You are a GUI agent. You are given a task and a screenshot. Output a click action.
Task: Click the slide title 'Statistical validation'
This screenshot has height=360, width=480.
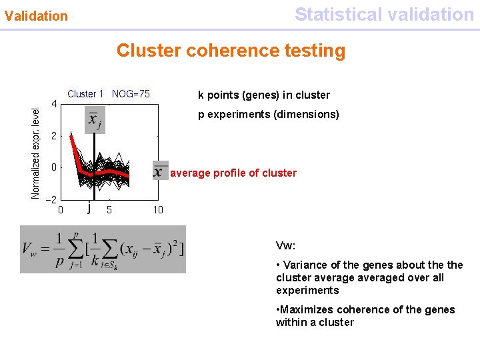[384, 14]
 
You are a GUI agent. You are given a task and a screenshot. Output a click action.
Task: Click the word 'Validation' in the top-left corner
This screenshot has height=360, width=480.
[36, 15]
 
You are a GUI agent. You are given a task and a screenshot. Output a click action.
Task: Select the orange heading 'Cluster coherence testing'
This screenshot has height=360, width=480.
[231, 51]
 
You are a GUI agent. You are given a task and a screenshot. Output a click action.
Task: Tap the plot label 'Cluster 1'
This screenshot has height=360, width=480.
[85, 94]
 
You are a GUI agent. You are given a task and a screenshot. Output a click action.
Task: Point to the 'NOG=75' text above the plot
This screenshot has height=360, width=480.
[131, 94]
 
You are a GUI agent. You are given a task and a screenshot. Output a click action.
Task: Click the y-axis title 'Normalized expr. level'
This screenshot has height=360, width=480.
[36, 148]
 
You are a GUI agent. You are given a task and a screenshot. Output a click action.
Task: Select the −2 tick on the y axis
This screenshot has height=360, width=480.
[51, 199]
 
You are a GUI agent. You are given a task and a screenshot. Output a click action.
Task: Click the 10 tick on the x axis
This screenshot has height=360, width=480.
[157, 210]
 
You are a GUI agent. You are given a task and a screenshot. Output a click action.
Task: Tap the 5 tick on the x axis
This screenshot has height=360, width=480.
[109, 210]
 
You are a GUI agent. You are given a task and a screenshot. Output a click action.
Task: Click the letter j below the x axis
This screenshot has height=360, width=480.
[89, 209]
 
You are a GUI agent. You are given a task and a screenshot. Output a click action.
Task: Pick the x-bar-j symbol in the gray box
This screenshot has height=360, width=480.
[95, 121]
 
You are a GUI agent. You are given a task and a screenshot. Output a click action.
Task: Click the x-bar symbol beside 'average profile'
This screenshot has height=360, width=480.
[160, 171]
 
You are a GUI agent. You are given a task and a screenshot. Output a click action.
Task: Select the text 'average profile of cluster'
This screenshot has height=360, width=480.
[233, 173]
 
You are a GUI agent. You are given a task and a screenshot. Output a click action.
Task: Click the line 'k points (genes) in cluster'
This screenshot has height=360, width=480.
[264, 95]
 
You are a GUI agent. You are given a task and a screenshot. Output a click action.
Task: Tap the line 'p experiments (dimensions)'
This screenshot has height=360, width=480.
[269, 115]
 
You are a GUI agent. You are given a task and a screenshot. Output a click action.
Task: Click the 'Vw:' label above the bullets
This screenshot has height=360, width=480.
[285, 245]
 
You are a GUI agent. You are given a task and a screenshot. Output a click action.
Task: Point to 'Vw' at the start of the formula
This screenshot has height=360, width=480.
[30, 250]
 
